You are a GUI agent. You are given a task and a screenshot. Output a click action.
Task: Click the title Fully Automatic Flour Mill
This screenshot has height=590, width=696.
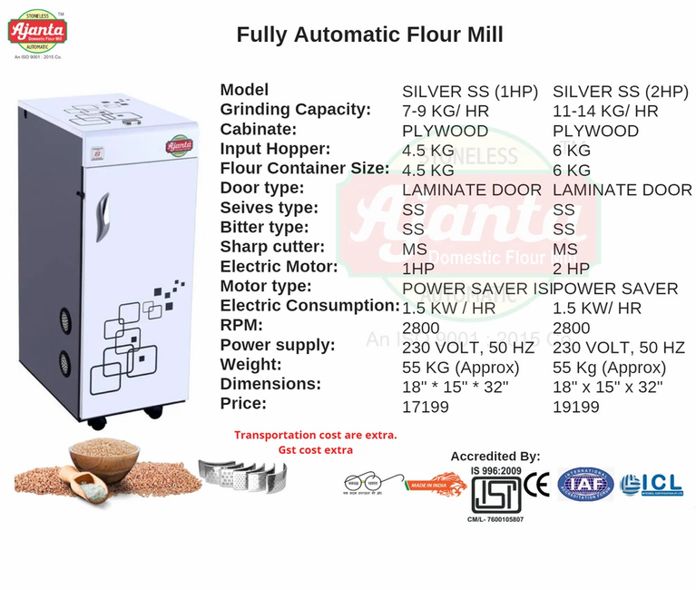[x=369, y=34]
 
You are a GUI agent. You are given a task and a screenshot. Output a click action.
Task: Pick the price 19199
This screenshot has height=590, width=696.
[x=575, y=408]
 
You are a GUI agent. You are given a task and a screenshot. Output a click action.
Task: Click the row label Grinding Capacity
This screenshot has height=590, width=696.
[x=296, y=110]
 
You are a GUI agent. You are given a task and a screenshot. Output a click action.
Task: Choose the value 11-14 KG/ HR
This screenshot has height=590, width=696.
[x=605, y=112]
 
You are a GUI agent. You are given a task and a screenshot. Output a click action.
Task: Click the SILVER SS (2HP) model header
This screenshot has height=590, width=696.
[x=620, y=92]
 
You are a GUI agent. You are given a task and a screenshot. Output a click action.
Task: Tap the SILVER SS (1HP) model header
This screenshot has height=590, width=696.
[x=470, y=92]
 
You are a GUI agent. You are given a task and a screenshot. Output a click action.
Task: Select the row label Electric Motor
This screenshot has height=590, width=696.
[x=279, y=268]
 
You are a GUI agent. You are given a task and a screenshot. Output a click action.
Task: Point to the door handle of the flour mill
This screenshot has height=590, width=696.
[x=103, y=215]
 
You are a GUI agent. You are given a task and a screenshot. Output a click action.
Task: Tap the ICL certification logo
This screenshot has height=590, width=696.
[x=651, y=485]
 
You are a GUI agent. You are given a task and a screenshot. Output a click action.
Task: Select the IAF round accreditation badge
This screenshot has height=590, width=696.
[x=585, y=485]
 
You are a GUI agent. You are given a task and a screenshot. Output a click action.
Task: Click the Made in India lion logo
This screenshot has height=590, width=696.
[x=436, y=487]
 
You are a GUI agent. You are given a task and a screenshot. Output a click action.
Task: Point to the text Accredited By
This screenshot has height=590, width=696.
[x=495, y=457]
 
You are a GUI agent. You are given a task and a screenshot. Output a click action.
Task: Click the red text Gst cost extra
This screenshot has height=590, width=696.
[x=315, y=450]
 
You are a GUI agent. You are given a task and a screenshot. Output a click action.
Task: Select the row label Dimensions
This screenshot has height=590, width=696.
[x=270, y=385]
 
